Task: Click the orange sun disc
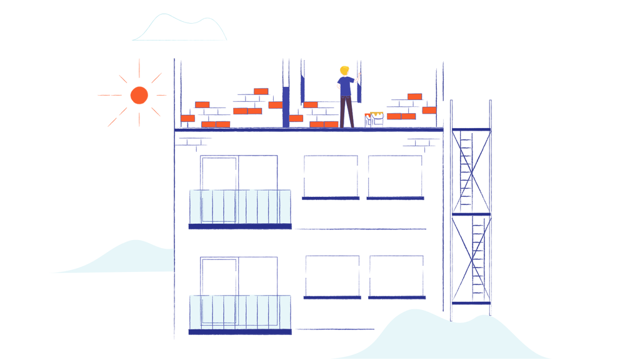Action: [x=139, y=95]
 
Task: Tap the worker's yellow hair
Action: [x=344, y=71]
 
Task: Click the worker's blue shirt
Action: [x=346, y=86]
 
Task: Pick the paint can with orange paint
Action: [x=368, y=120]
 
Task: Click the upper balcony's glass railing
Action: [x=240, y=207]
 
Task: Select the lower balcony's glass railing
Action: [x=240, y=312]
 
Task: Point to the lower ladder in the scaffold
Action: [x=478, y=256]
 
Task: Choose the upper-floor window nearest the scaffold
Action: [x=395, y=176]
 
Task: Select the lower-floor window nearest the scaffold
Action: [x=396, y=276]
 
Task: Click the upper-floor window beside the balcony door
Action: [x=331, y=176]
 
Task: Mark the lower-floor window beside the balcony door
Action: [x=332, y=276]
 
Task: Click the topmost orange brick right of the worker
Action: [x=414, y=97]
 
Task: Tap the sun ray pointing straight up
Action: [x=139, y=68]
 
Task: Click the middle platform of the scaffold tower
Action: [x=471, y=214]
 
